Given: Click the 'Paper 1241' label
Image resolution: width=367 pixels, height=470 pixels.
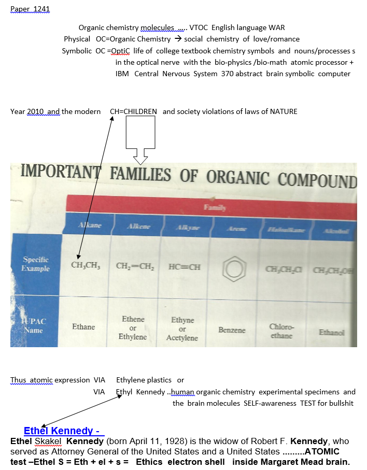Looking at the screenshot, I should tap(30, 9).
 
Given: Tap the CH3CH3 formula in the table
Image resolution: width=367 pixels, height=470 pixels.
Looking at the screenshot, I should tap(86, 265).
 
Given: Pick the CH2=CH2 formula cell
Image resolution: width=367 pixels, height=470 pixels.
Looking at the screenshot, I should tap(133, 266).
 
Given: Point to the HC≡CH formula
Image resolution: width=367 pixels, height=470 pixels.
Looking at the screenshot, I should tap(184, 267).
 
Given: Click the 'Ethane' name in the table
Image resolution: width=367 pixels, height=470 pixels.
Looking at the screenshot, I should tap(83, 327).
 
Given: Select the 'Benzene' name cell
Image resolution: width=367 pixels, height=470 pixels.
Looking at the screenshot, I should tap(232, 330).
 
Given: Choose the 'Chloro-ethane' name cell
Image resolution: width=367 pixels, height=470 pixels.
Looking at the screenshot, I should tap(281, 331).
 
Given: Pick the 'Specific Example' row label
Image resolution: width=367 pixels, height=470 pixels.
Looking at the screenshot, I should tap(36, 264).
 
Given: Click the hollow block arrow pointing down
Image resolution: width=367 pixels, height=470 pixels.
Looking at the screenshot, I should tap(140, 137).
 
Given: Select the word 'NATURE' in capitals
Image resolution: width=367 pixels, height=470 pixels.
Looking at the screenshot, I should tap(283, 111).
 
